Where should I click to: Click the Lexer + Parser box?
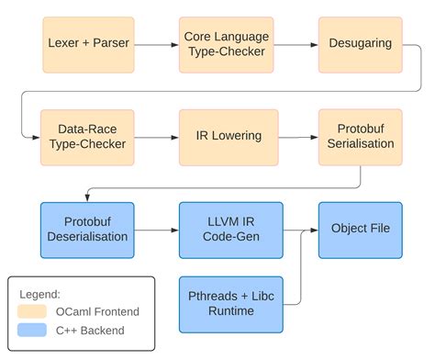[x=88, y=45]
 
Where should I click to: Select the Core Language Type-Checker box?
[x=226, y=45]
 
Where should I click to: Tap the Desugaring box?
[x=361, y=45]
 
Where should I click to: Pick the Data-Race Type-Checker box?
[x=87, y=138]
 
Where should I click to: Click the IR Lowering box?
[x=229, y=138]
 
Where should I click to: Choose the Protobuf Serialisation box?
[x=361, y=138]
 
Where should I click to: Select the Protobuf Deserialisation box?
[x=87, y=231]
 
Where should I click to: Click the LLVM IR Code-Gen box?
[x=231, y=231]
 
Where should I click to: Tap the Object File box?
[x=361, y=231]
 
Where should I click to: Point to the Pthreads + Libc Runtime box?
[x=231, y=305]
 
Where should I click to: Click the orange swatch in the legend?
[x=32, y=311]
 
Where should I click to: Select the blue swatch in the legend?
[x=32, y=330]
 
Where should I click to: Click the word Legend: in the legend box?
[x=39, y=295]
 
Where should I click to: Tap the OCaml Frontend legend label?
[x=97, y=311]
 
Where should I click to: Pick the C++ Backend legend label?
[x=90, y=331]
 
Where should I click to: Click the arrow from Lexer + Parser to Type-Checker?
[x=157, y=45]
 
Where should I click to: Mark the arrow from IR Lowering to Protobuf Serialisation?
[x=298, y=138]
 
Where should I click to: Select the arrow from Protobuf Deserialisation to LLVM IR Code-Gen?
[x=157, y=231]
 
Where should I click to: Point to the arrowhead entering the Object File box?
[x=315, y=231]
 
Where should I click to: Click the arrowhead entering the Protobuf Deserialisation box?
[x=87, y=198]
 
